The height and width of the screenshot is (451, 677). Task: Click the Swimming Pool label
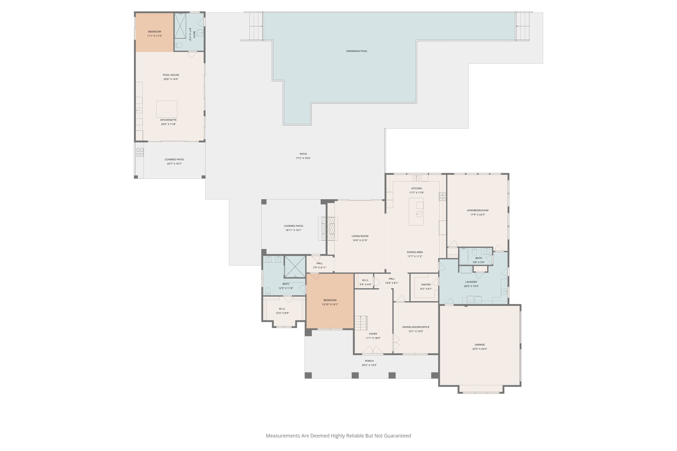[356, 51]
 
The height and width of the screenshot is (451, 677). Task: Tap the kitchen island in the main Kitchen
[416, 211]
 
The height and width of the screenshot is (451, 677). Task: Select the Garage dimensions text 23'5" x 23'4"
[479, 349]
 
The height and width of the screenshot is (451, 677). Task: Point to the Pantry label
[426, 284]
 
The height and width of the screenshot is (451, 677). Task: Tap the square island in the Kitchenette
[167, 109]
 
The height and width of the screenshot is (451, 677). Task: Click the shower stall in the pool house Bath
[180, 27]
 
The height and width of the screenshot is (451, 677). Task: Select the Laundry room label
[471, 282]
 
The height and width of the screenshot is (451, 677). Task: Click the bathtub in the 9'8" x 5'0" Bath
[463, 256]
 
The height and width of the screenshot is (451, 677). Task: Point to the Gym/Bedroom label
[477, 210]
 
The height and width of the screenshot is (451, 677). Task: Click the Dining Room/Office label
[416, 327]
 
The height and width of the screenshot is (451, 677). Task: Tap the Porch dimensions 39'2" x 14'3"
[369, 365]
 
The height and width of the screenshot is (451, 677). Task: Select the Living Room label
[360, 236]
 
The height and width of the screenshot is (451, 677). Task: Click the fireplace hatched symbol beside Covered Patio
[331, 228]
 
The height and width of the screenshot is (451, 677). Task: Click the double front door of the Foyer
[373, 350]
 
